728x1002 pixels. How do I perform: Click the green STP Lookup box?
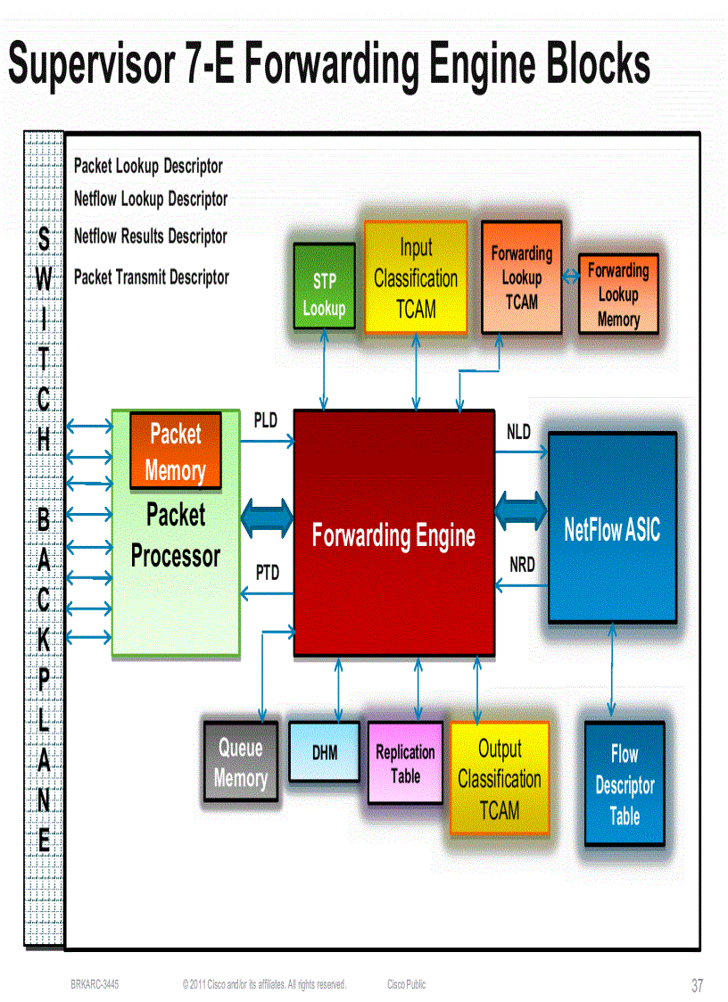(324, 294)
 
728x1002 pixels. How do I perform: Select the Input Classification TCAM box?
(416, 277)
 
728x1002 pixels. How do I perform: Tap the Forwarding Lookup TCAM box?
(521, 277)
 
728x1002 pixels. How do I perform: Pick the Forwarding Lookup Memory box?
(618, 294)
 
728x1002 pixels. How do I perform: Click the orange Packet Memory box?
(176, 451)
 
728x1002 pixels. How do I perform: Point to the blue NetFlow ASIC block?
(612, 529)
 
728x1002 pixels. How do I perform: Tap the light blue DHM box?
(325, 752)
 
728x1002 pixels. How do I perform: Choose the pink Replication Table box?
(405, 763)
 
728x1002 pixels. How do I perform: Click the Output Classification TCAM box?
(500, 779)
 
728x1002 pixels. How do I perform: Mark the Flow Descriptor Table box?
(625, 784)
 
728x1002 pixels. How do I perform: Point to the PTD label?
(268, 573)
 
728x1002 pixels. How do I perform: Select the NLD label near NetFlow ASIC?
(518, 433)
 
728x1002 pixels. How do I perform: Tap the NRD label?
(522, 566)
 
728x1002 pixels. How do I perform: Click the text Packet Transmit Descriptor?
(151, 277)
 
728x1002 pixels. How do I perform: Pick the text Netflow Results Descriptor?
(150, 236)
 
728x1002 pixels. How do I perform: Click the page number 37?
(697, 986)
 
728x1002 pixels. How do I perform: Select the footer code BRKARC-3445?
(95, 984)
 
